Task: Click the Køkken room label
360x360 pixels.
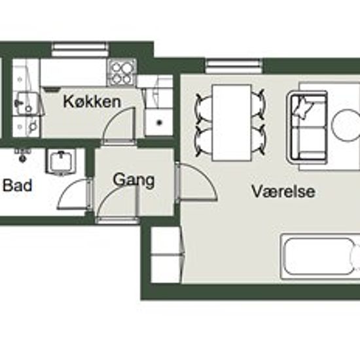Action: coord(92,101)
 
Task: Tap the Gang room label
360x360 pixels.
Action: coord(134,180)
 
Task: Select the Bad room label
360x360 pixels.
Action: coord(18,185)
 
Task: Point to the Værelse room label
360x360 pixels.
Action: coord(283,191)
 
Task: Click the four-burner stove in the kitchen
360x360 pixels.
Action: coord(122,72)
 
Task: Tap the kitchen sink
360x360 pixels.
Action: coord(27,103)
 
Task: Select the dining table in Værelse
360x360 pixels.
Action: coord(232,122)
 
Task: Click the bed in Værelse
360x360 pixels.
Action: coord(320,257)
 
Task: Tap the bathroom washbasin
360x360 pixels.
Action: coord(62,161)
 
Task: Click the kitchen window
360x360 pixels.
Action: coord(80,50)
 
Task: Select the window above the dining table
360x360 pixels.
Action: coord(234,66)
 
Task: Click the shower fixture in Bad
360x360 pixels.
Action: coord(22,154)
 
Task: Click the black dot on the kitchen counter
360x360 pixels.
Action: coord(159,123)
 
